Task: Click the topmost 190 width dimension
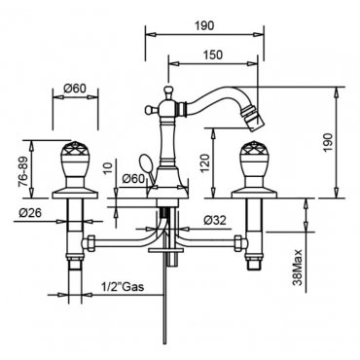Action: pos(204,25)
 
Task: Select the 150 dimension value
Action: pos(213,54)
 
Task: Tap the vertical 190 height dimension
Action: pos(328,143)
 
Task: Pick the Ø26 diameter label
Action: pos(30,213)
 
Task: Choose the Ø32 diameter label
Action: pos(215,220)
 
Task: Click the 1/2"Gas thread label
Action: pos(122,287)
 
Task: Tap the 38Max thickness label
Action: pos(298,268)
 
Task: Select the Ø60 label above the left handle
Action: pos(75,88)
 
